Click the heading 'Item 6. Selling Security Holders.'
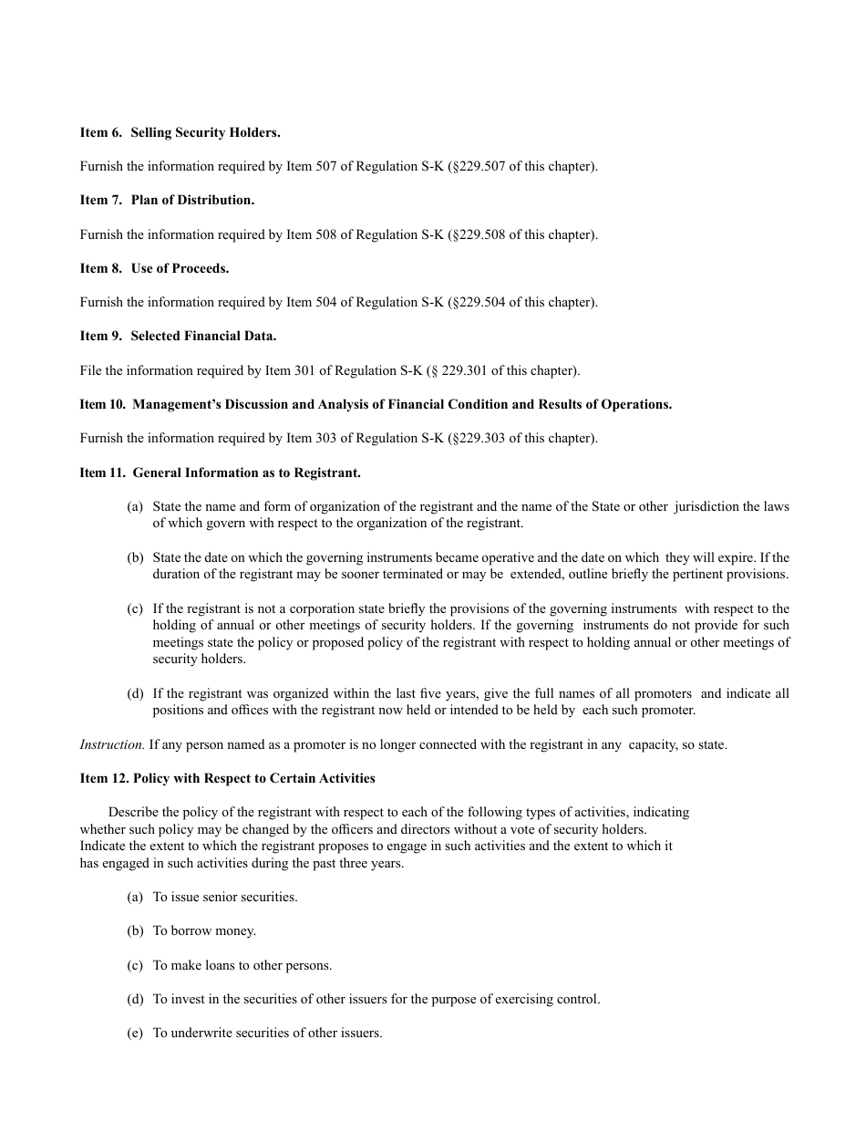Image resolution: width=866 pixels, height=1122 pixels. (180, 133)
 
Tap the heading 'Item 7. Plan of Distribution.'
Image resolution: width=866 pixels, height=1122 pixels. (167, 201)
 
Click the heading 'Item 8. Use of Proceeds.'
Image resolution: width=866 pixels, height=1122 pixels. (154, 268)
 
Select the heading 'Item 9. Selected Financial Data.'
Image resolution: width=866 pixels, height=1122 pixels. (178, 337)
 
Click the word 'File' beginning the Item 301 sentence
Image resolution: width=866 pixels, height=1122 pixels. (91, 371)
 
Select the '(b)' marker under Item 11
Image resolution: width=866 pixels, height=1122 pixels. (135, 558)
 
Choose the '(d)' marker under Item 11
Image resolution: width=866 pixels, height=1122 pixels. (135, 694)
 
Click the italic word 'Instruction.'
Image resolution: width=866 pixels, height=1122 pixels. (112, 745)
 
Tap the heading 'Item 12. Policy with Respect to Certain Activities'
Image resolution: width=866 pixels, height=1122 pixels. (227, 779)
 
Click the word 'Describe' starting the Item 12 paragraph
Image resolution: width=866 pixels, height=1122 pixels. (133, 813)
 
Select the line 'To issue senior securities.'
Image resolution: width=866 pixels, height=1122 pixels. (225, 898)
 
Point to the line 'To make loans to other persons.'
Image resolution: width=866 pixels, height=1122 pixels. (242, 966)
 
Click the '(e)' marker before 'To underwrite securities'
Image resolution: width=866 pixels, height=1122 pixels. (135, 1034)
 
